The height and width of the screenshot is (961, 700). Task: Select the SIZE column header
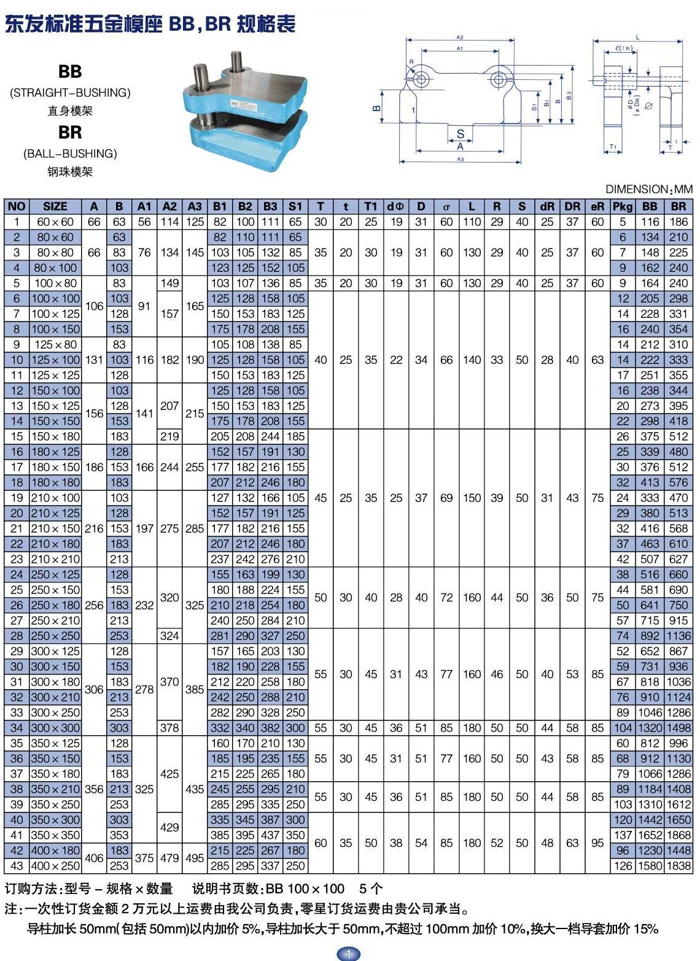(55, 207)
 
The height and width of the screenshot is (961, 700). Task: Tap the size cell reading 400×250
(55, 866)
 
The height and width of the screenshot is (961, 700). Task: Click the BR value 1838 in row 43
(679, 866)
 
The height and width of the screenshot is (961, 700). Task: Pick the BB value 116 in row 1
(650, 222)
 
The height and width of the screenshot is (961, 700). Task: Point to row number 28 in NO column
(17, 636)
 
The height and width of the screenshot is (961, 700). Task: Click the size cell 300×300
(55, 728)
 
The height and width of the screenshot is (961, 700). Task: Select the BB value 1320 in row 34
(650, 728)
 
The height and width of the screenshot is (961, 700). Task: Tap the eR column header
(597, 207)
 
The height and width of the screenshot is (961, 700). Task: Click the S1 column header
(295, 207)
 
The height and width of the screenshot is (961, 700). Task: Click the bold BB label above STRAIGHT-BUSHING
(70, 72)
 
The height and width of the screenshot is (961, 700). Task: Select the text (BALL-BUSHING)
(70, 153)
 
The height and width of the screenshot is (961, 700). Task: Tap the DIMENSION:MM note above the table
(648, 190)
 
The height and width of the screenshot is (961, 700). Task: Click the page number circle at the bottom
(349, 953)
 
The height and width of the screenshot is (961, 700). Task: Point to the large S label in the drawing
(461, 134)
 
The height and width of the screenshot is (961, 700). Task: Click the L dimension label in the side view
(637, 38)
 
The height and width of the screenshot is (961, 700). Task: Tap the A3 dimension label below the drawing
(461, 160)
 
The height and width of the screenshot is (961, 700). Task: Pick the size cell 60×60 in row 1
(55, 222)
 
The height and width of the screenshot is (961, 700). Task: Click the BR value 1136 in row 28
(679, 636)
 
